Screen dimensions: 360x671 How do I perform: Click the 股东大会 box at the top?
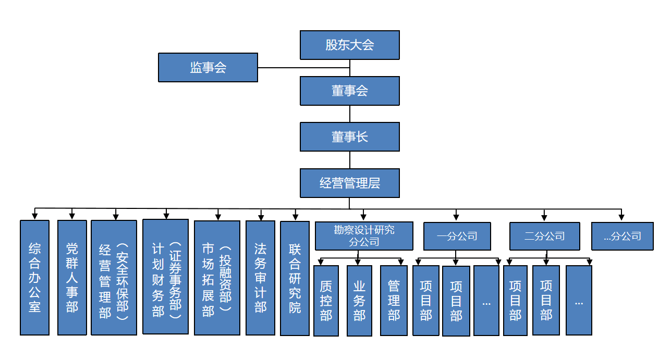coord(349,45)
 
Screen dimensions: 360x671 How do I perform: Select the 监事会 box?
coord(208,67)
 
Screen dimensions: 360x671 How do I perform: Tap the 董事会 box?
coord(349,91)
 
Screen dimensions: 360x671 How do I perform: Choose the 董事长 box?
coord(349,136)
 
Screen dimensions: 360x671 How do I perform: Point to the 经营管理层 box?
coord(349,183)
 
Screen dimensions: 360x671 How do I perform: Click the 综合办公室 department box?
coord(34,277)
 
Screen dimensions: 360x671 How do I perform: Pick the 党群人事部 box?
coord(72,277)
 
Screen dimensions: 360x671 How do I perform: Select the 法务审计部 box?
coord(260,277)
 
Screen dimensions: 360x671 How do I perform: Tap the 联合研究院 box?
coord(295,277)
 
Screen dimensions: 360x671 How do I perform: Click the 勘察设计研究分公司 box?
coord(364,236)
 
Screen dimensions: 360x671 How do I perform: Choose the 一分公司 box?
coord(457,236)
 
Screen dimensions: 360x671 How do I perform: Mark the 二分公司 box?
coord(544,236)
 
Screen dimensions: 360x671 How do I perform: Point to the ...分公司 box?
coord(623,236)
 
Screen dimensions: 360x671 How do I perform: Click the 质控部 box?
coord(326,301)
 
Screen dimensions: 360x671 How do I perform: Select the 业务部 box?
coord(359,301)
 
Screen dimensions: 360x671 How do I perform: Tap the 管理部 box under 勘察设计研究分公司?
coord(394,301)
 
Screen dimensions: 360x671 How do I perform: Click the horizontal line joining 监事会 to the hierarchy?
coord(303,68)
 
